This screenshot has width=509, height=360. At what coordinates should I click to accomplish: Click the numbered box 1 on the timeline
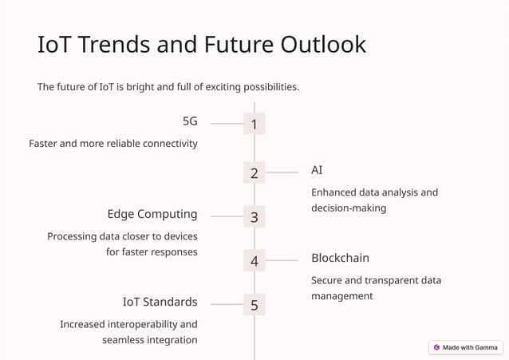click(x=254, y=124)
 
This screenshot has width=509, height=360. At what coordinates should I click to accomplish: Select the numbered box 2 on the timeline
click(x=254, y=172)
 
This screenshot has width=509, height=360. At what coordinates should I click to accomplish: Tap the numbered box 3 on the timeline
click(x=254, y=216)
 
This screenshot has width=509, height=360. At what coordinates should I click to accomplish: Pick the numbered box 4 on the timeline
click(x=254, y=260)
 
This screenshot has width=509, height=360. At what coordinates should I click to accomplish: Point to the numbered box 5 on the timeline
click(x=254, y=305)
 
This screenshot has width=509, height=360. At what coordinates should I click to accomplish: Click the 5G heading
click(x=190, y=122)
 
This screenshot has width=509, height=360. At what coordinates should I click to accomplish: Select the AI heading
click(x=317, y=171)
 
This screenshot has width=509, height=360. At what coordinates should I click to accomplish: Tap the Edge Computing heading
click(x=152, y=214)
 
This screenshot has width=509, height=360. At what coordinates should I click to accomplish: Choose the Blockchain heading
click(x=340, y=258)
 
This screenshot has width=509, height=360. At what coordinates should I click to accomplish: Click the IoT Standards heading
click(x=160, y=302)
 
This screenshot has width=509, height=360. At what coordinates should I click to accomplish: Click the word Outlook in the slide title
click(x=323, y=45)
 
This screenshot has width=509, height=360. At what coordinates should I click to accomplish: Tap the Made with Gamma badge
click(x=466, y=347)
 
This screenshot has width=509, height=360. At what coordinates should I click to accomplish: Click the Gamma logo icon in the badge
click(x=436, y=347)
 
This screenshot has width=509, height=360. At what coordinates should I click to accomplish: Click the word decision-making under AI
click(x=349, y=208)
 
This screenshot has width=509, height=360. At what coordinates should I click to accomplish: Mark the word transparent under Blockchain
click(x=383, y=280)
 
